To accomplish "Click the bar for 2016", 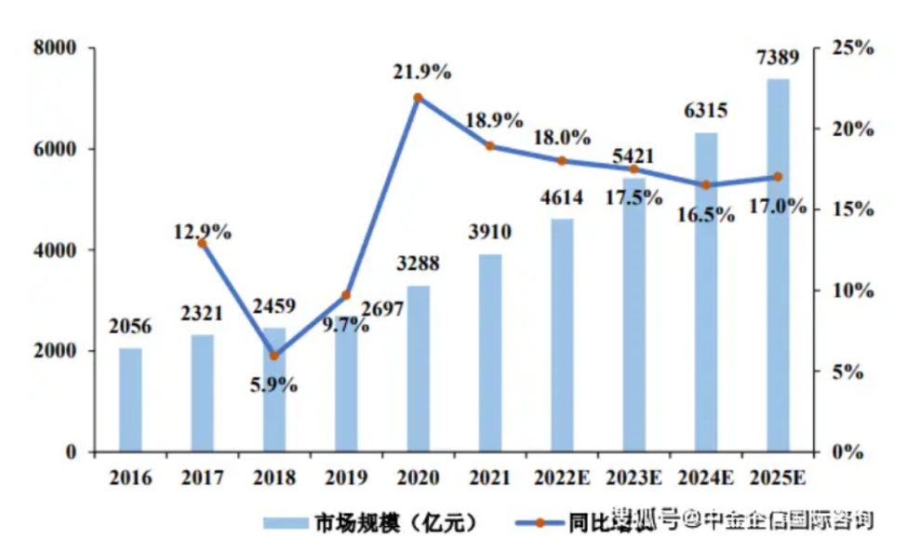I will tap(130, 400).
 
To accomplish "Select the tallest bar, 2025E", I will tap(779, 265).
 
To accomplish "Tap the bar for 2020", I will tap(419, 369).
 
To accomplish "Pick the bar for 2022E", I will tap(562, 335).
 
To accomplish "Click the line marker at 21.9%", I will tap(419, 98).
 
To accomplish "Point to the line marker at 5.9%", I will tap(273, 356).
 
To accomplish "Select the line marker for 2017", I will tap(202, 243).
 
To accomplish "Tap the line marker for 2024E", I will tap(706, 185).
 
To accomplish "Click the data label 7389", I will tap(779, 59).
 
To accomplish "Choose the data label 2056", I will tap(130, 327).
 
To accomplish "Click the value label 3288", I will tap(419, 263).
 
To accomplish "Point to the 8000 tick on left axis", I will tap(55, 47).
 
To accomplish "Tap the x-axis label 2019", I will tap(346, 479).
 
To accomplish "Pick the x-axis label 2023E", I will tap(634, 479).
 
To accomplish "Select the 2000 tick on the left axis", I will tap(55, 351).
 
